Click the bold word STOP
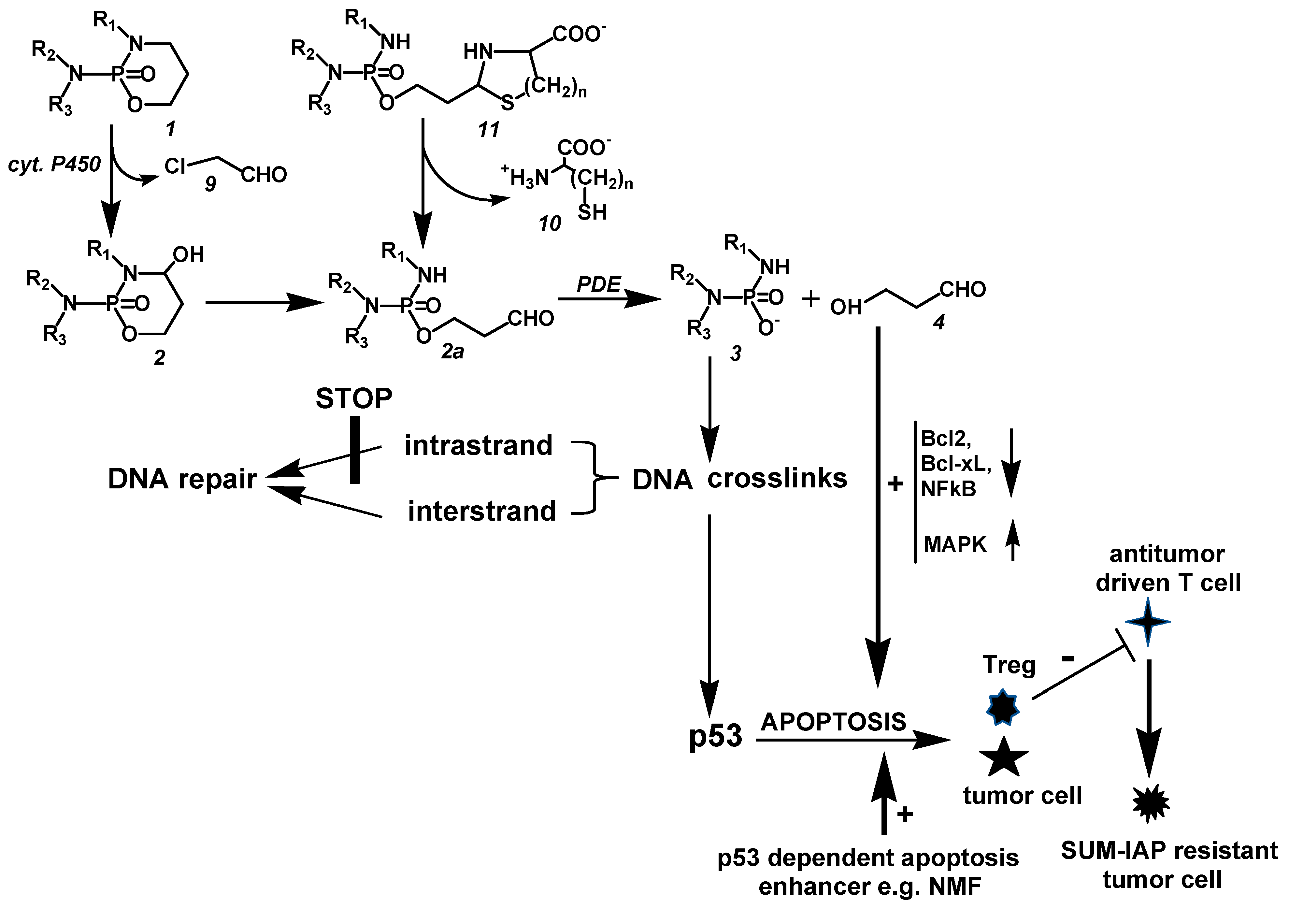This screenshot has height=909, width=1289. tap(354, 399)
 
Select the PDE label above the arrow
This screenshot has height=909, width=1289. tap(598, 285)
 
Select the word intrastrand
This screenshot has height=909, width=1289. tap(478, 445)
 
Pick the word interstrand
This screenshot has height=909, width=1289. tap(482, 511)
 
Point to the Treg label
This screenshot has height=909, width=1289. tap(1008, 665)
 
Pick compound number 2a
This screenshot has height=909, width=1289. tap(452, 352)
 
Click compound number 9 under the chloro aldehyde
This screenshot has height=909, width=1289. tap(210, 184)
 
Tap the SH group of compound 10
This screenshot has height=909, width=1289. tap(592, 212)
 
